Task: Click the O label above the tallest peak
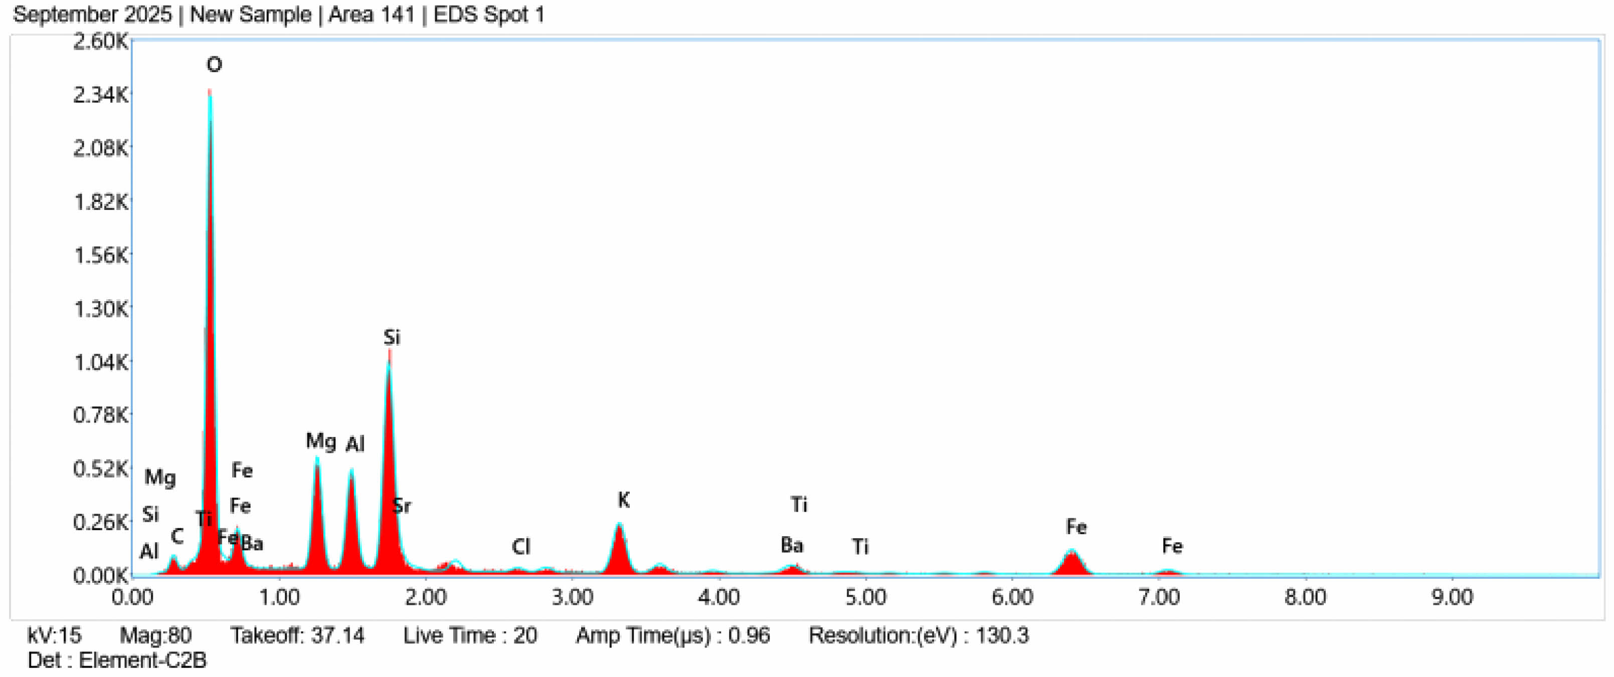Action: (x=214, y=65)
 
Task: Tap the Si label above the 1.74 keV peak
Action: (x=392, y=338)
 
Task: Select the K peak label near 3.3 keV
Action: (x=623, y=500)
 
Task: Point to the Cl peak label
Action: (x=520, y=547)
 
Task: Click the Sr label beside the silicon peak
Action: (x=402, y=506)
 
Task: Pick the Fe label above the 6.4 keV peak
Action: (x=1076, y=527)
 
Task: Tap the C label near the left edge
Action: (x=177, y=536)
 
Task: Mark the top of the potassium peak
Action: (x=619, y=525)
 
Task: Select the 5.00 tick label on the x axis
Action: (x=865, y=597)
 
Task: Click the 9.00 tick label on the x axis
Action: (x=1452, y=597)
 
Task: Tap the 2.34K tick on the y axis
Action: (x=100, y=95)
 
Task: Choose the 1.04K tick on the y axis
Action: (x=100, y=362)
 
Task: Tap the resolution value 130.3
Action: (x=1002, y=636)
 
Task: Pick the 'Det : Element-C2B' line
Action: (x=117, y=660)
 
